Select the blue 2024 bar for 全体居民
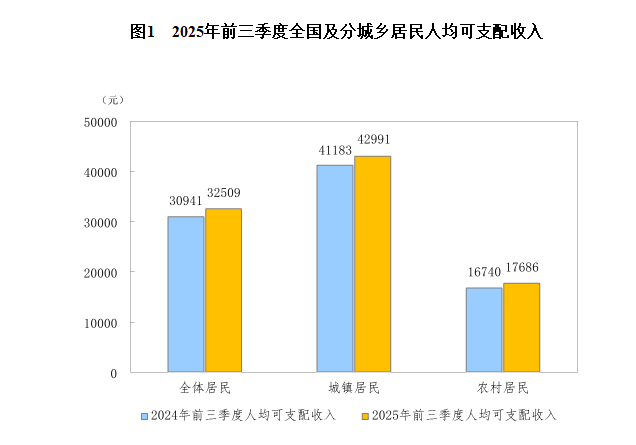click(185, 294)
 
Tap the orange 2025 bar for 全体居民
click(223, 290)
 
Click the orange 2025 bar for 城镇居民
click(372, 264)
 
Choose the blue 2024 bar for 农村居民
click(484, 330)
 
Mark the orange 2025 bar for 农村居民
click(521, 327)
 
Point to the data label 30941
click(186, 200)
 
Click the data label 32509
click(223, 193)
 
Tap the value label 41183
click(335, 150)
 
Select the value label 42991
click(373, 140)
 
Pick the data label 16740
click(484, 271)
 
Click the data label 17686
click(521, 268)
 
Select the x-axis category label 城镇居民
click(354, 388)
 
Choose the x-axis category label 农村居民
click(503, 388)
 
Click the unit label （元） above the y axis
click(112, 100)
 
